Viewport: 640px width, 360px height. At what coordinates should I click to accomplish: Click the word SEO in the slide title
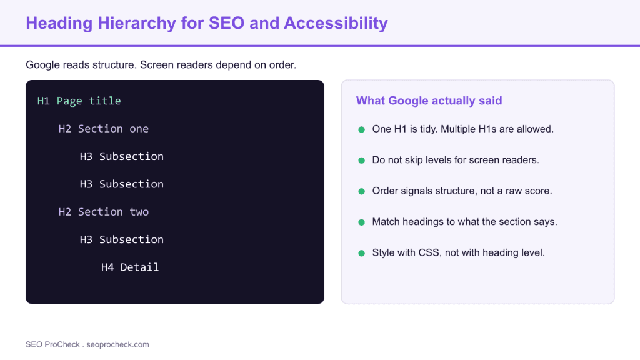(226, 23)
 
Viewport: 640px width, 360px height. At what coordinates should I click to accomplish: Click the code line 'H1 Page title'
(79, 101)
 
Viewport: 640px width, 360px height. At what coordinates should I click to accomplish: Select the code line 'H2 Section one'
(104, 129)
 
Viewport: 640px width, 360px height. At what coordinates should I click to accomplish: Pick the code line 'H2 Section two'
(104, 212)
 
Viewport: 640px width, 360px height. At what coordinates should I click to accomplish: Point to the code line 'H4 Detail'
(130, 267)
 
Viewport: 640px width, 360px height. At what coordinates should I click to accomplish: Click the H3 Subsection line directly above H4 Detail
(122, 239)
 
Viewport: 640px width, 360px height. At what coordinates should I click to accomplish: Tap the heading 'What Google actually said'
(429, 101)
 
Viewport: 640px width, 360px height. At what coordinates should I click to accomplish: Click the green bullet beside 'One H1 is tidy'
(361, 130)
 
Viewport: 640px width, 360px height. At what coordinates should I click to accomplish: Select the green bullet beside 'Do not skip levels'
(361, 161)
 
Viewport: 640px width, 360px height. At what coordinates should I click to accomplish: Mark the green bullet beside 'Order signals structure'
(361, 191)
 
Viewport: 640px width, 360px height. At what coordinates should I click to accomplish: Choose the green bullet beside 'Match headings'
(361, 222)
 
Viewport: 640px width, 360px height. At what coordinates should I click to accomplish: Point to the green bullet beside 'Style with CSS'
(361, 254)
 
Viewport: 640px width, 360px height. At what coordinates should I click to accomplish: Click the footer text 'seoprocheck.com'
(117, 344)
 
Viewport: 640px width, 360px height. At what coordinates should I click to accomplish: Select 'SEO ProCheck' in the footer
(52, 344)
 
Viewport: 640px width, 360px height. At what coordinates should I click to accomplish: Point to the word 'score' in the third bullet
(539, 191)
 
